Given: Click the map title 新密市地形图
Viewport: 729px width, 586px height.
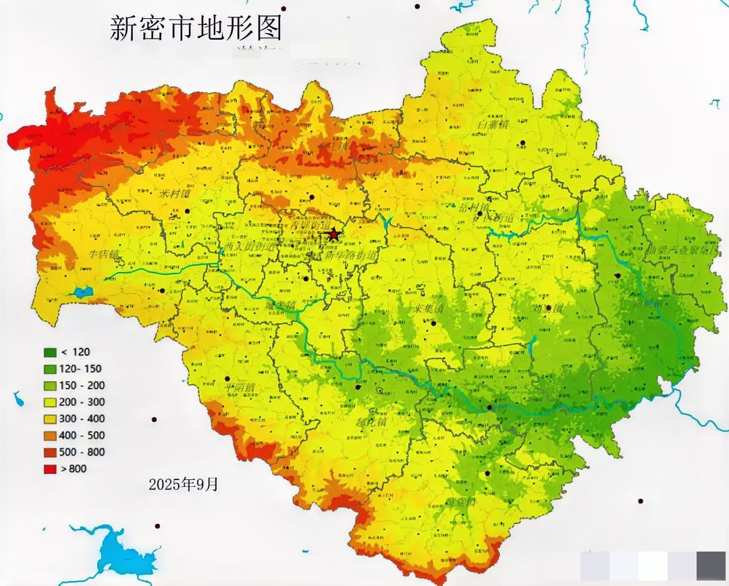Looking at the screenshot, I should [x=195, y=28].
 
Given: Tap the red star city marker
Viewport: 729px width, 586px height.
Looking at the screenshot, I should [x=333, y=234].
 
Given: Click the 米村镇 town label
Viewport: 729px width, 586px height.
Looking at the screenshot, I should [x=175, y=193].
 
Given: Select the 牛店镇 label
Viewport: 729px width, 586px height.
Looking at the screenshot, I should [x=105, y=255].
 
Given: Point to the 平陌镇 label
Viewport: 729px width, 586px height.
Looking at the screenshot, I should [x=240, y=388].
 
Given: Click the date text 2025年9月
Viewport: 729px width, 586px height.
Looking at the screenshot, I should [x=184, y=484].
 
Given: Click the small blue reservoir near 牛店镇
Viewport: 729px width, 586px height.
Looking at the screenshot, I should [x=84, y=292].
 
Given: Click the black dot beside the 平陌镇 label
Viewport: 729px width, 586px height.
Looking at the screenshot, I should [x=227, y=379].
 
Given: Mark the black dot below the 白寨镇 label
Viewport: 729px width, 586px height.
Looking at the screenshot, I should [x=522, y=142].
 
